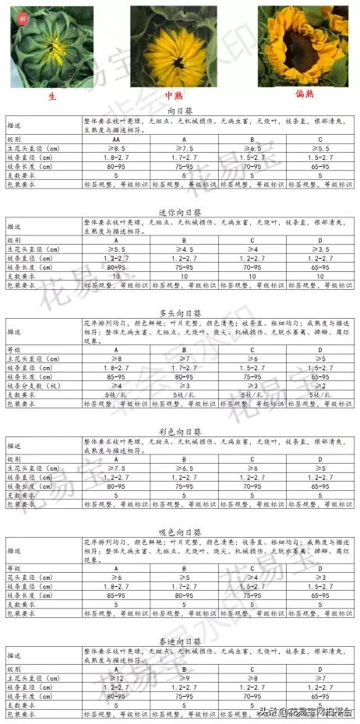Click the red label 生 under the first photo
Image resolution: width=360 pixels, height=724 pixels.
(x=52, y=96)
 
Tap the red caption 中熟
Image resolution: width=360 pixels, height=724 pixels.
(x=172, y=96)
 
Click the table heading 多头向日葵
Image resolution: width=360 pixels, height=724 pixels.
(x=179, y=313)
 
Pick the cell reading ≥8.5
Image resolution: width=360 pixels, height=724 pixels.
(x=115, y=148)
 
